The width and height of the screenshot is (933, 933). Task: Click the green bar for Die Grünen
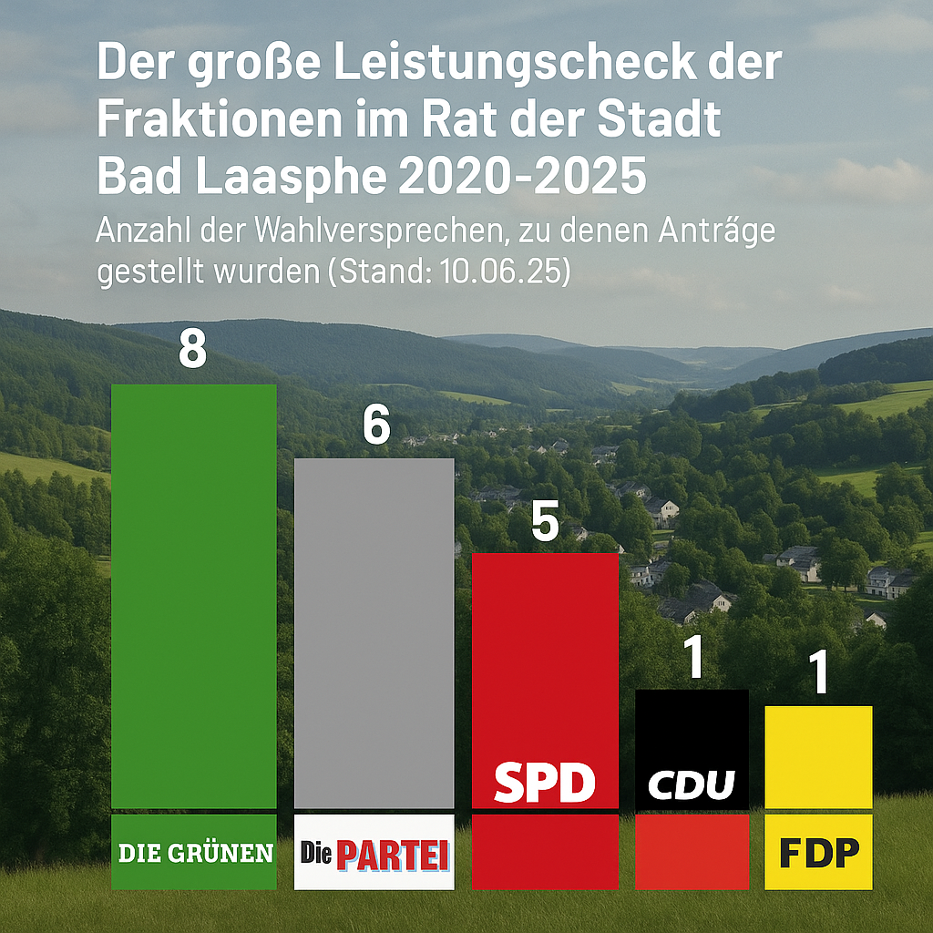tap(194, 596)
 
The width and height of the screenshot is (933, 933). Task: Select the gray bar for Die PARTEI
tap(374, 633)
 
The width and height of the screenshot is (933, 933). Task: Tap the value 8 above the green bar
tap(193, 349)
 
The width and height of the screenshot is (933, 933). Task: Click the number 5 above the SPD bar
tap(545, 521)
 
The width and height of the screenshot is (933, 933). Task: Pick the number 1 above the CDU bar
tap(693, 658)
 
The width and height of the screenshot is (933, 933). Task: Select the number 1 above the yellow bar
tap(819, 672)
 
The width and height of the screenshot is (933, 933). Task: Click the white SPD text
tap(545, 782)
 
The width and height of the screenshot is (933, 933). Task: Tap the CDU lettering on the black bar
tap(692, 784)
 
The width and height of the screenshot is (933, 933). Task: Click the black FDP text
tap(819, 853)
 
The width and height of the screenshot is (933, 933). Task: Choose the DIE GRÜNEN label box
tap(194, 852)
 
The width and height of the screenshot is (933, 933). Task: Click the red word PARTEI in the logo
tap(393, 855)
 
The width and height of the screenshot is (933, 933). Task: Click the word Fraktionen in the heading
tap(219, 119)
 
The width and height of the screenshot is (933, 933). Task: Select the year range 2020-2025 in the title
tap(522, 176)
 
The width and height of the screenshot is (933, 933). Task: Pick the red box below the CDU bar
tap(692, 852)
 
